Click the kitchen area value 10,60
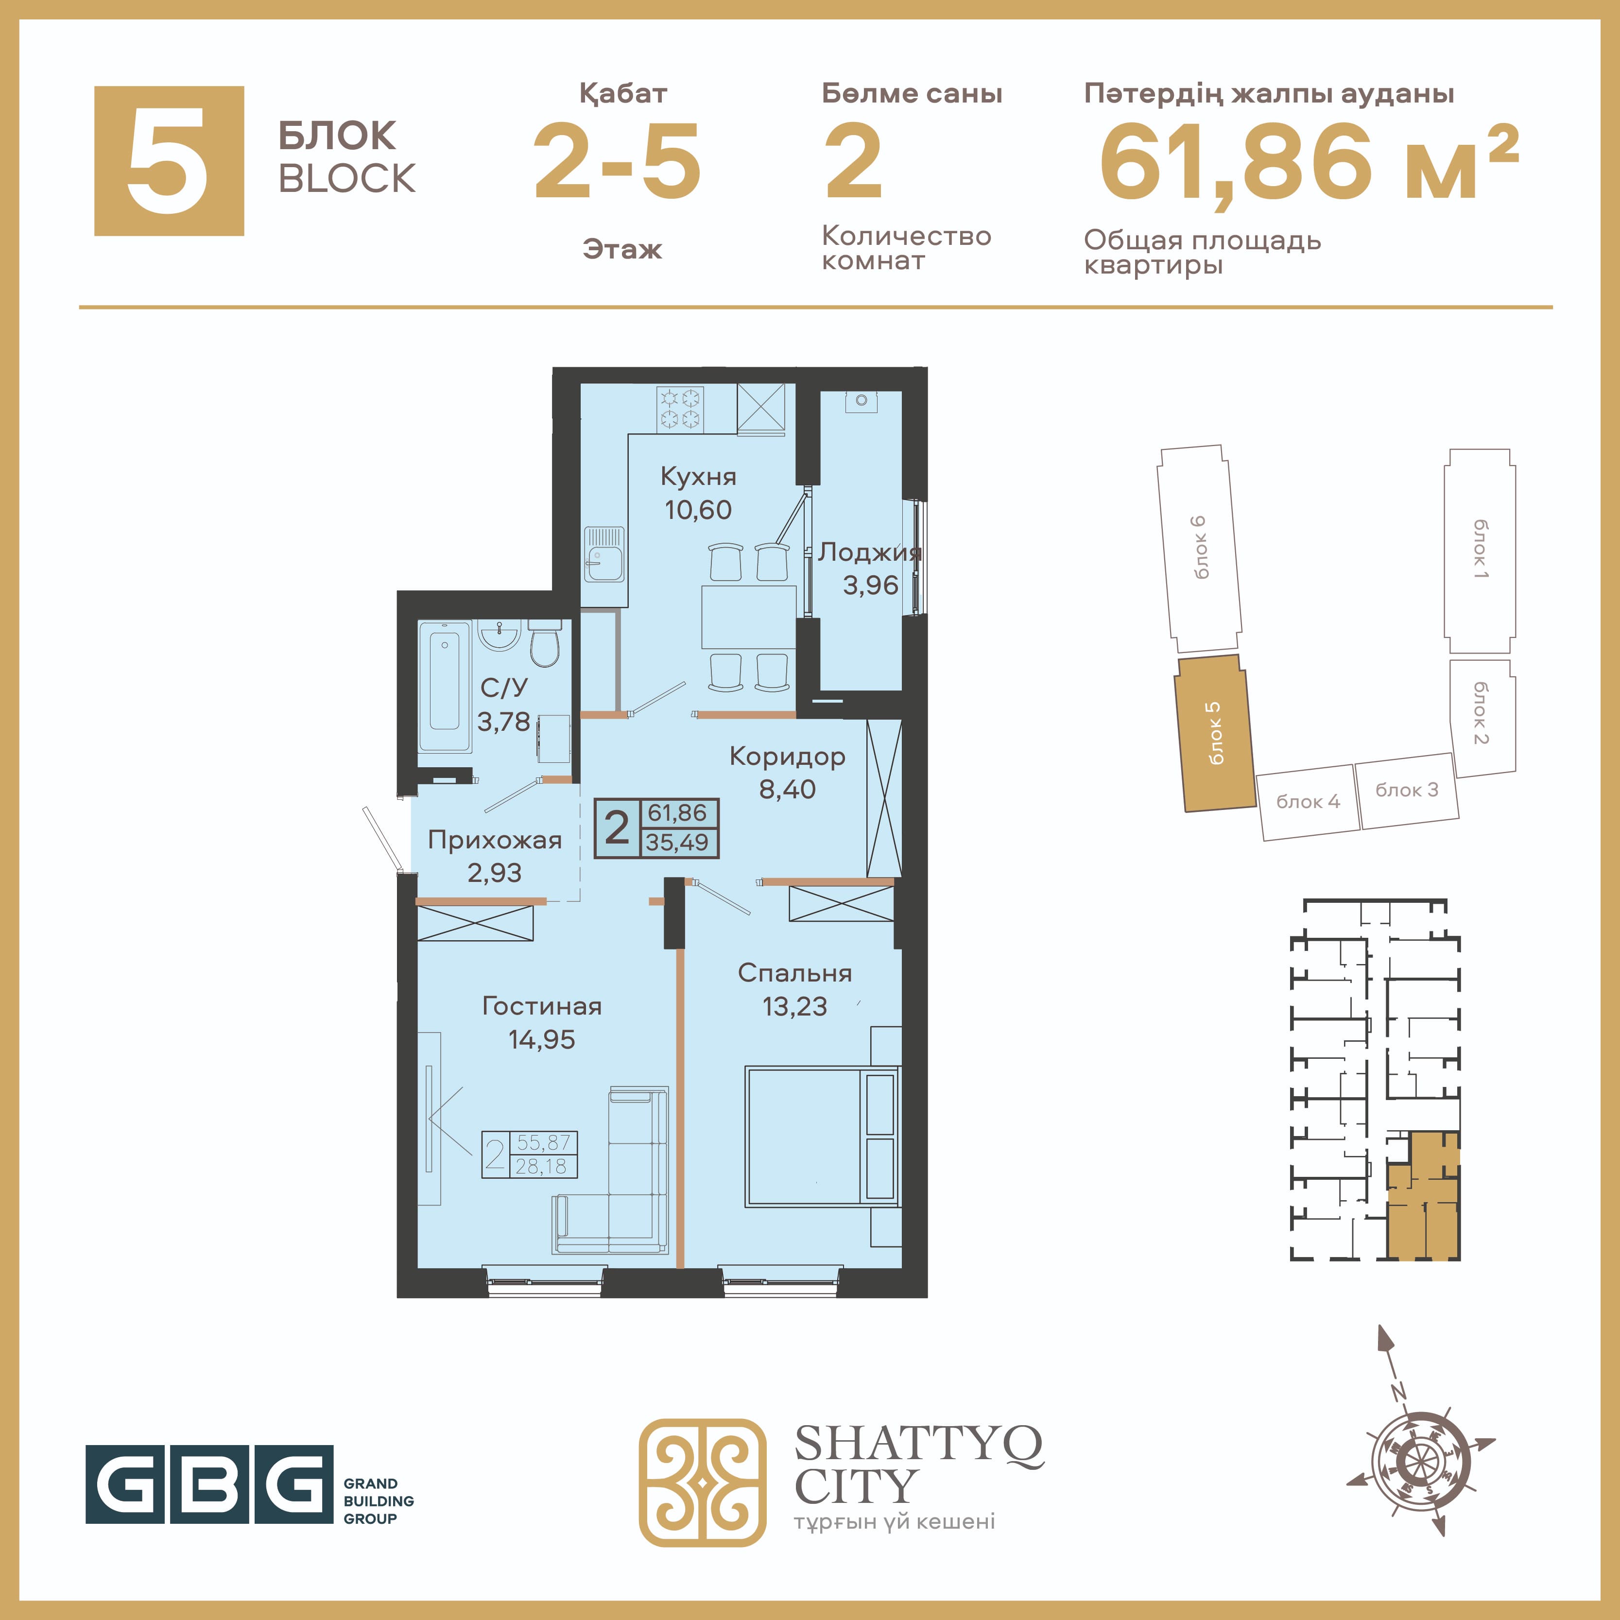click(698, 510)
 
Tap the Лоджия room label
click(870, 552)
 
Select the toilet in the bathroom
click(545, 643)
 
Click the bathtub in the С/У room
click(445, 686)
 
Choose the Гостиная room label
click(542, 1006)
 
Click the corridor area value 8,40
click(787, 789)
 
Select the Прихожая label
click(495, 840)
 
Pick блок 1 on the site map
click(1480, 551)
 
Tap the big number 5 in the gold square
click(169, 160)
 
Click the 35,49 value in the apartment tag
click(677, 843)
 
